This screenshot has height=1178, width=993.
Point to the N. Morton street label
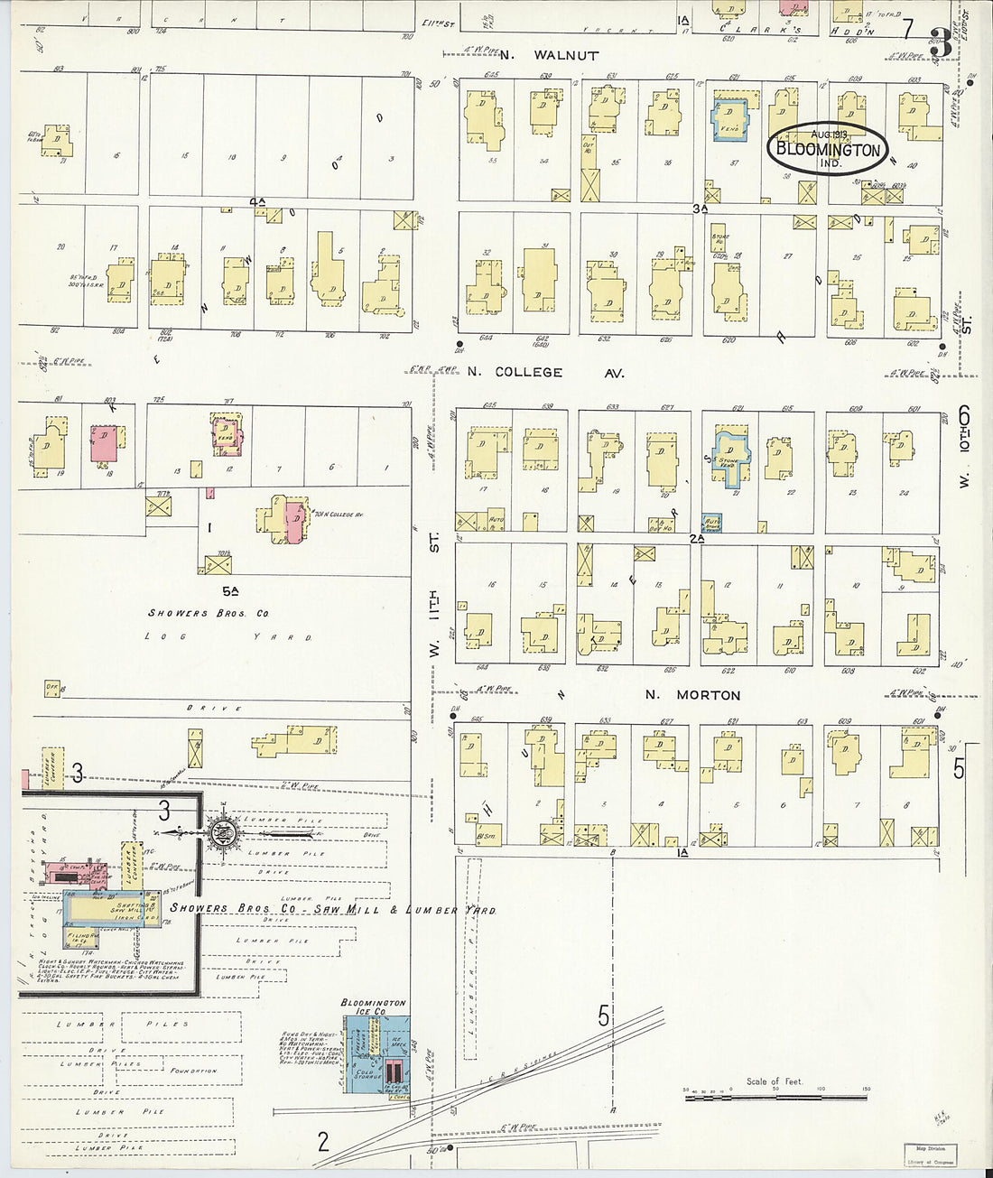pos(693,695)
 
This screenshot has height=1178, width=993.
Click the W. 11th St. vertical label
pos(434,596)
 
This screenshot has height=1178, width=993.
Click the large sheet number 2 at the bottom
pos(323,1143)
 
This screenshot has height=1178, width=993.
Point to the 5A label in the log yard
pos(231,591)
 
